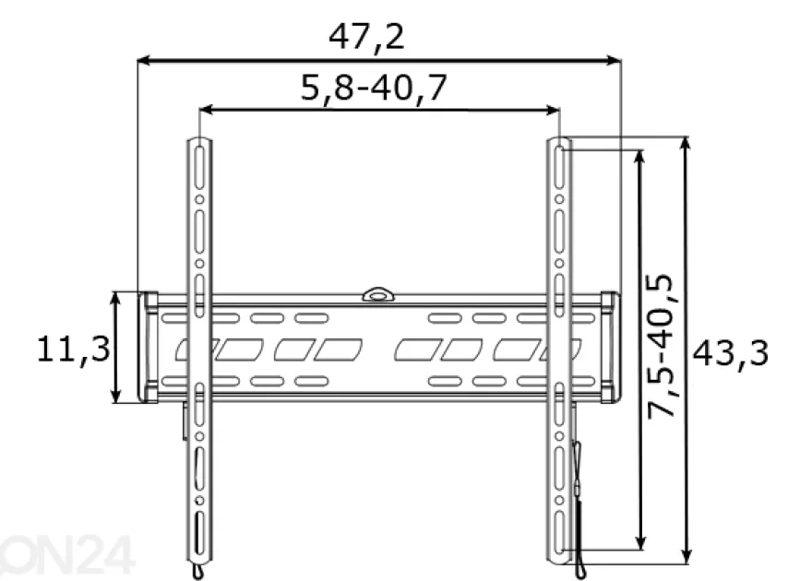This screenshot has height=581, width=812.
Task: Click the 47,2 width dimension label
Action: click(366, 37)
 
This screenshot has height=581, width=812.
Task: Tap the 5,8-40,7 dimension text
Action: click(374, 88)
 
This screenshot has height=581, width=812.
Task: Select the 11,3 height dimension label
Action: click(74, 349)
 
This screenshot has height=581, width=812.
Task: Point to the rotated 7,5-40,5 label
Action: click(661, 346)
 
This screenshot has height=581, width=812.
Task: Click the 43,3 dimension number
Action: click(730, 354)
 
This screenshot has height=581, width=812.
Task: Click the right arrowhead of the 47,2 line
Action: click(615, 61)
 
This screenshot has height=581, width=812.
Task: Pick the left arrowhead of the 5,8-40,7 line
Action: click(206, 110)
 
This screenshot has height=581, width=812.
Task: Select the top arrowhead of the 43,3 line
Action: click(687, 143)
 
